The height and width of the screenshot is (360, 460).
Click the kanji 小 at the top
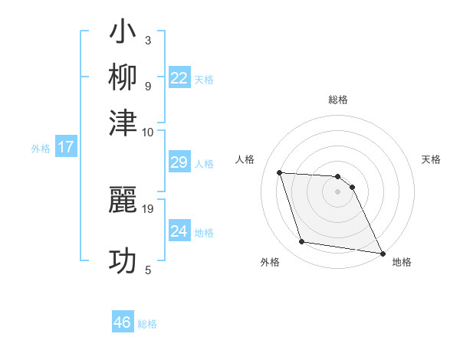tap(123, 33)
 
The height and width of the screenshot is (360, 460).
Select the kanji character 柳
tap(123, 77)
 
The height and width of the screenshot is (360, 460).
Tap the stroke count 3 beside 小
tap(148, 40)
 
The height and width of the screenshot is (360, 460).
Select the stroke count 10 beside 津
tap(148, 132)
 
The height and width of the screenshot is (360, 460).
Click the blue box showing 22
tap(179, 77)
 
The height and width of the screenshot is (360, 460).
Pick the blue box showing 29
tap(179, 162)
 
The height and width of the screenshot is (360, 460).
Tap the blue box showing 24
tap(179, 231)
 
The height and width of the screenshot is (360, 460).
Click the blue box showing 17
tap(65, 147)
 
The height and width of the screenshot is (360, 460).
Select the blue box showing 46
tap(123, 322)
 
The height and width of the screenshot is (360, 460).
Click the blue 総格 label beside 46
tap(147, 324)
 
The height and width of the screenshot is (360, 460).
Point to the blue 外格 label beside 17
tap(41, 149)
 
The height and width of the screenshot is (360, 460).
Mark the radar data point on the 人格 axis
tap(280, 172)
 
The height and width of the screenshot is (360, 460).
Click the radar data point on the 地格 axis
tap(381, 252)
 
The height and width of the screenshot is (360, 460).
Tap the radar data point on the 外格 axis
tap(302, 242)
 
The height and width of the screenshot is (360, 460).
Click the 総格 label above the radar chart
tap(337, 100)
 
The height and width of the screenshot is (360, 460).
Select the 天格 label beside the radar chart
tap(431, 159)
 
